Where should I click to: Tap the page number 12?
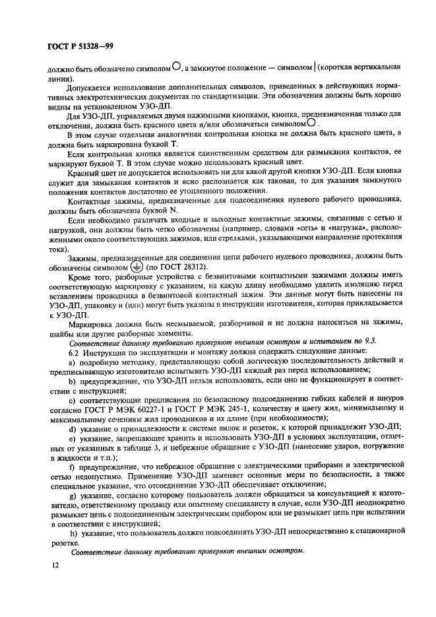pos(52,565)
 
